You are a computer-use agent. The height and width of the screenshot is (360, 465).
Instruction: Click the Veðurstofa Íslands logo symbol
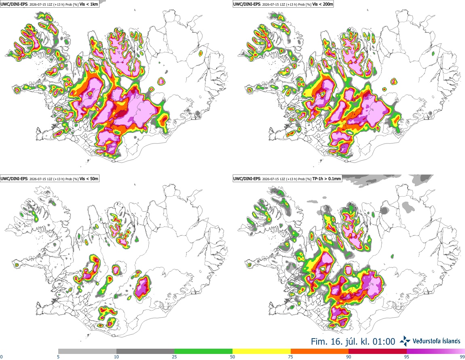point(405,341)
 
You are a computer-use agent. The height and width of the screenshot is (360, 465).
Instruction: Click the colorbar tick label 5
point(58,357)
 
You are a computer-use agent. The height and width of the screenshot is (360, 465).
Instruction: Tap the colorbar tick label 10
point(116,357)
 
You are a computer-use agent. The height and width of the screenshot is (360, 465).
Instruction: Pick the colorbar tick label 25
point(174,357)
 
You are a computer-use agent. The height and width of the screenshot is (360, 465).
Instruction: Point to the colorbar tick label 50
point(232,357)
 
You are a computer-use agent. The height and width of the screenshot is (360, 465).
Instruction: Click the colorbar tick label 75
point(291,357)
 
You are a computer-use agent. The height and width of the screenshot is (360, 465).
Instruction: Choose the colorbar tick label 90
point(349,357)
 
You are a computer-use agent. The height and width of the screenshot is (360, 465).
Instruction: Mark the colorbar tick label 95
point(407,357)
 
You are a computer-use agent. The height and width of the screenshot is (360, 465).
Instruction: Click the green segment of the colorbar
point(203,352)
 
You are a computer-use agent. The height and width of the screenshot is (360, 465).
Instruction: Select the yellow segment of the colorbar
point(262,352)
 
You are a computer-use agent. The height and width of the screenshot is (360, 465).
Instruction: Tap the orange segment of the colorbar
point(320,352)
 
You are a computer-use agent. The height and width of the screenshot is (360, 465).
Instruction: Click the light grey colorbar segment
point(87,352)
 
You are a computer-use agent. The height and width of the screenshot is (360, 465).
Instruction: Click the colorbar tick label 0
point(2,357)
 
